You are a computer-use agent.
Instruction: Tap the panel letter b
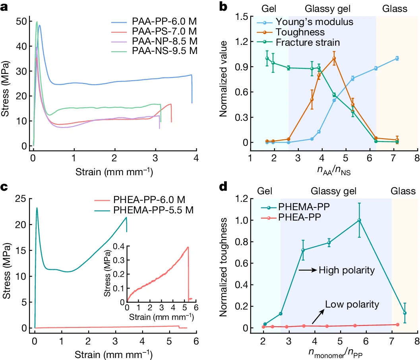click(x=223, y=7)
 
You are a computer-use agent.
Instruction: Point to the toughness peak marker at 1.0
click(x=334, y=58)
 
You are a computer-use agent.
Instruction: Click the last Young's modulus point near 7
click(x=396, y=58)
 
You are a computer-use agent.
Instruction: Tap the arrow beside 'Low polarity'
click(x=317, y=317)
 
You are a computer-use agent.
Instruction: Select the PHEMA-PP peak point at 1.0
click(x=359, y=220)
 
